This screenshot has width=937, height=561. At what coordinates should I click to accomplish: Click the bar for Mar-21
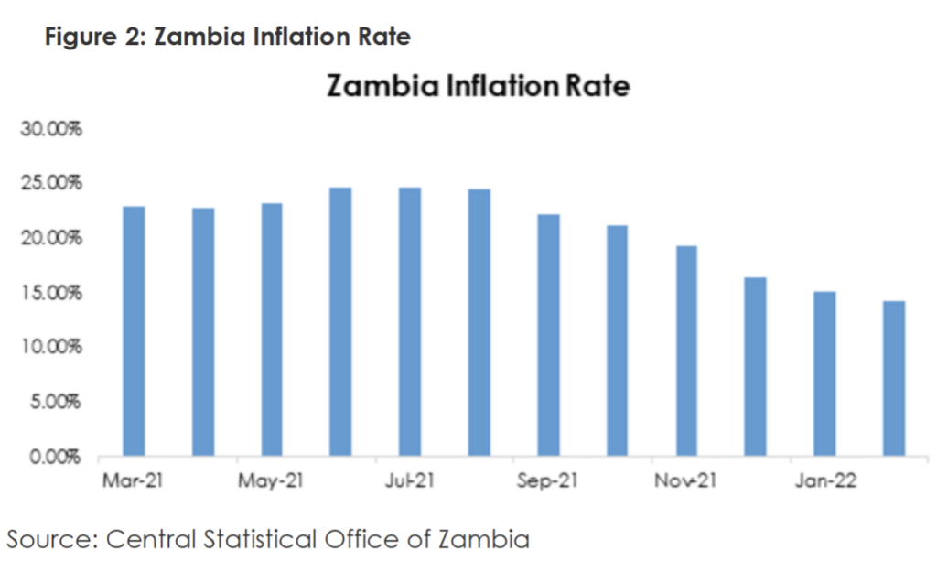(x=134, y=330)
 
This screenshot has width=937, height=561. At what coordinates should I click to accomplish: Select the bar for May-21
(x=272, y=329)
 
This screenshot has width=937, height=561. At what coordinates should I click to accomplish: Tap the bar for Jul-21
(x=410, y=321)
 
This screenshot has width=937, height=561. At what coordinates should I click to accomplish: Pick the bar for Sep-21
(x=548, y=335)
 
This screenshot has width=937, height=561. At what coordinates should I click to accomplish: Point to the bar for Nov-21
(x=686, y=351)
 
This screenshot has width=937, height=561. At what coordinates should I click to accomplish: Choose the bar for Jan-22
(x=824, y=373)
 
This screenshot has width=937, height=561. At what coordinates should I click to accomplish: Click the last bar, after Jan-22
(x=893, y=378)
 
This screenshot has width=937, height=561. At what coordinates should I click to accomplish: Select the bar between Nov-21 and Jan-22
(x=755, y=366)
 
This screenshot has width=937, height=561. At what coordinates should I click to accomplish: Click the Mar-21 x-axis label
(x=134, y=480)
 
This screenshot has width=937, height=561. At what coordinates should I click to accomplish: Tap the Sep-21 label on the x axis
(x=548, y=480)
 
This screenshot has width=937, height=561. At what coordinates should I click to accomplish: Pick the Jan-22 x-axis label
(x=824, y=480)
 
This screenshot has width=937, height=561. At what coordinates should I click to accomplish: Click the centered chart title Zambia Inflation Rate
(x=478, y=87)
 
